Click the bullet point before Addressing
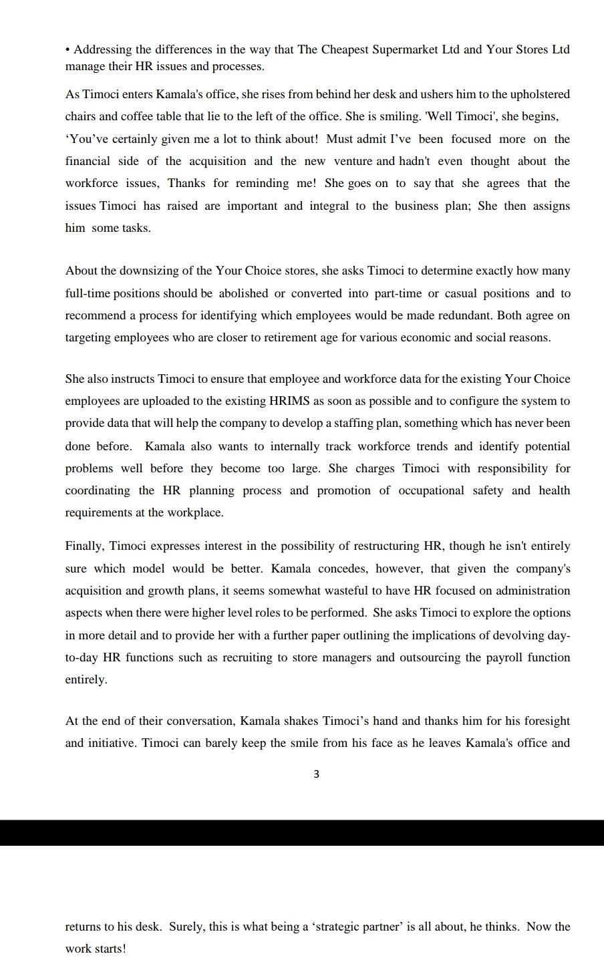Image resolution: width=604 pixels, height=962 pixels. click(x=68, y=50)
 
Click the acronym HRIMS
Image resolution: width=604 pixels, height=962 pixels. click(x=290, y=401)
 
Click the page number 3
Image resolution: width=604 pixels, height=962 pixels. click(x=316, y=774)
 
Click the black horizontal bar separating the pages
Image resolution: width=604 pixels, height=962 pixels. click(x=302, y=832)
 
